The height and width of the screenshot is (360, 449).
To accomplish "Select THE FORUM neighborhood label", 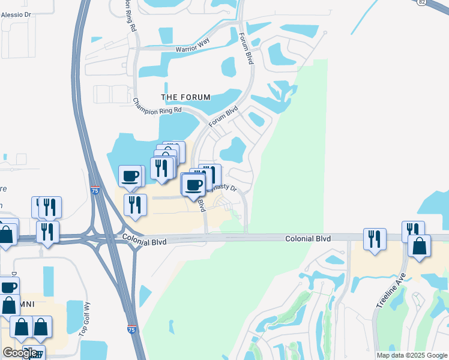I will click(186, 97).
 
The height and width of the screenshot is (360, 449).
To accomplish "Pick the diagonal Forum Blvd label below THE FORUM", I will click(224, 116).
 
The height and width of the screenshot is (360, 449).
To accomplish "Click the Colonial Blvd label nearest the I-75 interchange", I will click(143, 239).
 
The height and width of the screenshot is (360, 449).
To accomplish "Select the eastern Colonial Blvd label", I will click(308, 238).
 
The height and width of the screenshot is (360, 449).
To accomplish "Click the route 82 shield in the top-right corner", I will click(423, 2).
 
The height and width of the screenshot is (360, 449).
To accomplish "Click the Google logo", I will click(20, 353).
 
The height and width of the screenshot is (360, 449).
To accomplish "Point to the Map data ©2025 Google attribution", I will click(411, 355).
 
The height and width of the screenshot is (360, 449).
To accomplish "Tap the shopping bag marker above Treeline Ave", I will click(419, 245).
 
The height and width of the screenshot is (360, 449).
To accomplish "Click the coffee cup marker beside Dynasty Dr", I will click(193, 184).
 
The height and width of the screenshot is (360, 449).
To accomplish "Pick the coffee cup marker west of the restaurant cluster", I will click(130, 176).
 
